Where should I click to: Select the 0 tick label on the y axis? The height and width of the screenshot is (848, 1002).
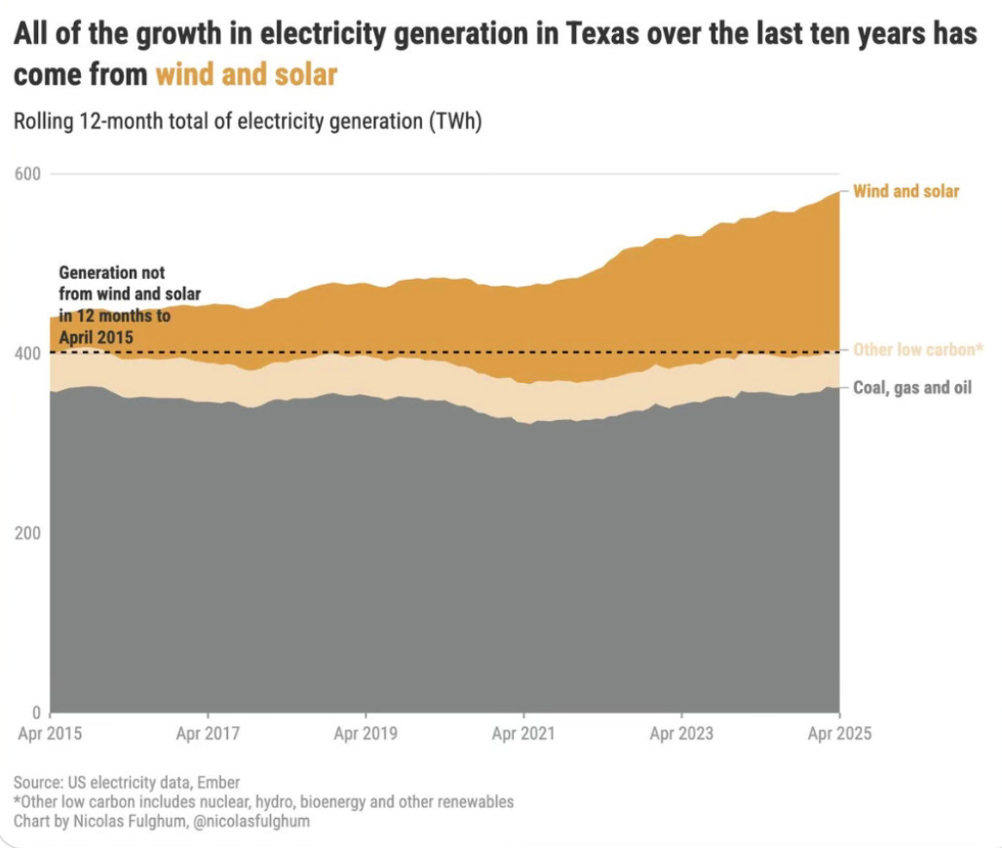pos(35,713)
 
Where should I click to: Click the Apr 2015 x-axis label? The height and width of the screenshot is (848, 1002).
pos(50,734)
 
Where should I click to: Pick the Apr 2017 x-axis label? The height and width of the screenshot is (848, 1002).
pos(208,734)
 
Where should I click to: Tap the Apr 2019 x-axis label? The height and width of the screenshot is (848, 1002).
pos(366,734)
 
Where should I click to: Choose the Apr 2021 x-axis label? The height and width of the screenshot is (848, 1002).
pos(523,734)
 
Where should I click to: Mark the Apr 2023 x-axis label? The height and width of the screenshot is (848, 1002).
pos(681,734)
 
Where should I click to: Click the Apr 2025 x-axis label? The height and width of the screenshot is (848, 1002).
pos(839,734)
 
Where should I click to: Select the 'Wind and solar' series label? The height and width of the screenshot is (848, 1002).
pos(906,191)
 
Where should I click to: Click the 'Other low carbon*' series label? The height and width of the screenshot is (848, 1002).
pos(917,350)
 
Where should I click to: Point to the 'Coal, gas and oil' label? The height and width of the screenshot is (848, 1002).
pos(912,388)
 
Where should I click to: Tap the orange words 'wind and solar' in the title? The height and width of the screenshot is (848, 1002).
pos(246,75)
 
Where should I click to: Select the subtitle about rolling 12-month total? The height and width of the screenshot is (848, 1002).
pos(249,123)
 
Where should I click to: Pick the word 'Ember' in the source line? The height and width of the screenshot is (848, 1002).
pos(217,783)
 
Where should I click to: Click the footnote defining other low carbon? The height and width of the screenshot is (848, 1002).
pos(263,802)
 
